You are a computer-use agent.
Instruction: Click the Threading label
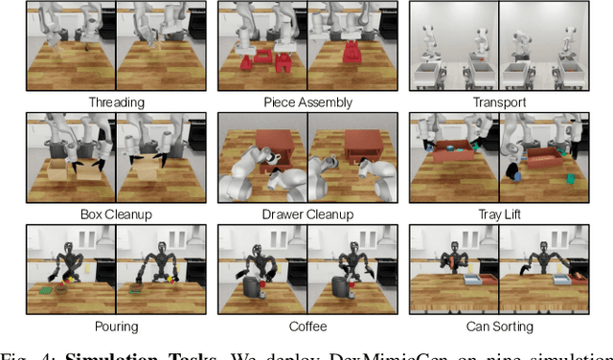115,101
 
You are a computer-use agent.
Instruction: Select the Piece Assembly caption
307,101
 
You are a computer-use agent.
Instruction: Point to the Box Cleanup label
115,214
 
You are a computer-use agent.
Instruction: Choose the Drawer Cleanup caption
307,214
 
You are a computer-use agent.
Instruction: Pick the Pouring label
115,326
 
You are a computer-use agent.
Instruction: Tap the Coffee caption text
307,326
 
